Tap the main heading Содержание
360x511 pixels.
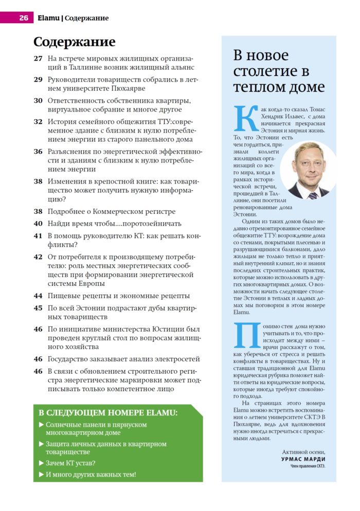[x=74, y=42]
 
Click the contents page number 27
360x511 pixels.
[x=38, y=58]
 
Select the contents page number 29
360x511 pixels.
[x=38, y=80]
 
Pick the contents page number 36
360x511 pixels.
[x=38, y=152]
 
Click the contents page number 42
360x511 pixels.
[x=38, y=256]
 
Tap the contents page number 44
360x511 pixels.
[x=38, y=296]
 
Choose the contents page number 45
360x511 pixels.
[x=38, y=308]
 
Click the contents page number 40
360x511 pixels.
[x=38, y=224]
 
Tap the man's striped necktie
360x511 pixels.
[x=313, y=195]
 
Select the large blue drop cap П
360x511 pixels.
[x=244, y=336]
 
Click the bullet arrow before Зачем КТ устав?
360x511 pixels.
[x=41, y=463]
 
